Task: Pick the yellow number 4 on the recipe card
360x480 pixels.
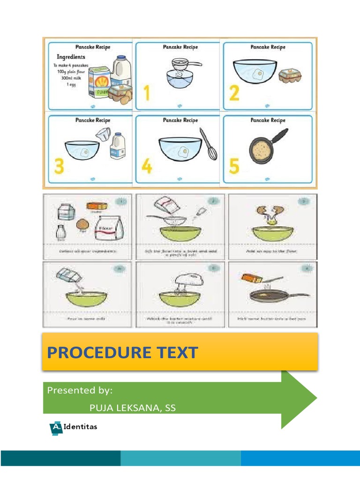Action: [147, 165]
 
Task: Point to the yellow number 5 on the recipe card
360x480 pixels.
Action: [234, 165]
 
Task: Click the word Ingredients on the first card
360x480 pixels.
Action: [71, 57]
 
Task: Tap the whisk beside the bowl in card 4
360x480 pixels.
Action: [209, 145]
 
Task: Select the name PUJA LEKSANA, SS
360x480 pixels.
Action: [132, 408]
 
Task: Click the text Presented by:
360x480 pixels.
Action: [80, 390]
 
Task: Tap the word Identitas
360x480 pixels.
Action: [80, 427]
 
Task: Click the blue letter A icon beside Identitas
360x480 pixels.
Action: [56, 427]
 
